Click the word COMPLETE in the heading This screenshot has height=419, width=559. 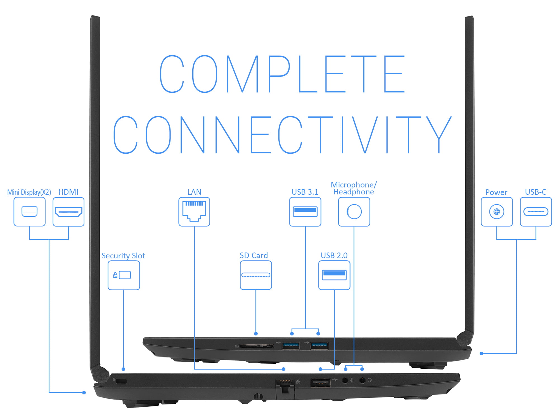(x=282, y=74)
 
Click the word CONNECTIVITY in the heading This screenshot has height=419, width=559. (x=282, y=135)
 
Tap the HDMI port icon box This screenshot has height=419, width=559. (x=68, y=212)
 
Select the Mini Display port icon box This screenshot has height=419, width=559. (x=29, y=212)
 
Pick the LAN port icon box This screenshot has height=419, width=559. (x=194, y=212)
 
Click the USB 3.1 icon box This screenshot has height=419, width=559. (x=305, y=212)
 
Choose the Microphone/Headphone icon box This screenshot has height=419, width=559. (x=354, y=212)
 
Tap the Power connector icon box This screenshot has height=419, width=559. (x=497, y=212)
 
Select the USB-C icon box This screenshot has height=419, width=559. (x=536, y=212)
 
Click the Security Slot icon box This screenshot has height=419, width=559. (x=124, y=275)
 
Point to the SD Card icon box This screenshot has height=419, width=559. (x=256, y=275)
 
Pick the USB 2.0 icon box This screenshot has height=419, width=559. (x=334, y=275)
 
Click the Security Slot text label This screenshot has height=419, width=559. (x=123, y=256)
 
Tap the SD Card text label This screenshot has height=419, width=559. (x=254, y=255)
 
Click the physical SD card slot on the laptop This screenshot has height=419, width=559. (x=257, y=346)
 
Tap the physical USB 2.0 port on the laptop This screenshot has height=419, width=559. (x=321, y=383)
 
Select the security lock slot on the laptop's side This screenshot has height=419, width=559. (x=121, y=381)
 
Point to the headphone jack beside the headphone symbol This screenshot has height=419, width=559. (x=362, y=380)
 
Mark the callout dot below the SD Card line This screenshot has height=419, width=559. (x=256, y=334)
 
